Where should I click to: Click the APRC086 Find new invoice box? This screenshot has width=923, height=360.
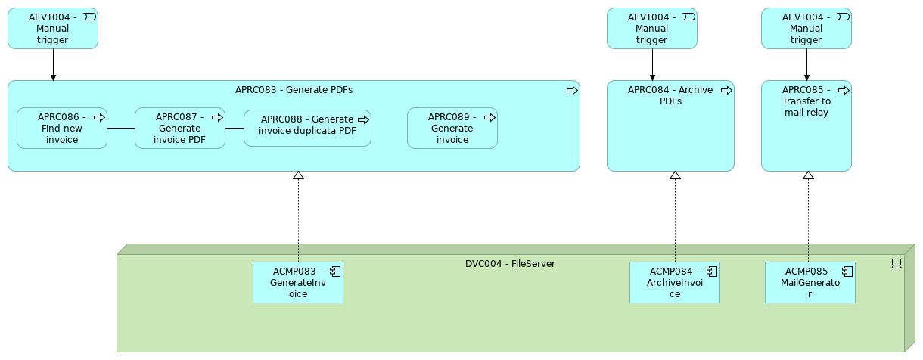(62, 129)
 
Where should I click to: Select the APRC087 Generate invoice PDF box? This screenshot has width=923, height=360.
(180, 129)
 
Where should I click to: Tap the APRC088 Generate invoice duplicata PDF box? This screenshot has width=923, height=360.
(307, 129)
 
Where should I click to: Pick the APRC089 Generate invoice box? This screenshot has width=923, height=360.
(452, 129)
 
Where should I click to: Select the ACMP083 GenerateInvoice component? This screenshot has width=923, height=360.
(298, 283)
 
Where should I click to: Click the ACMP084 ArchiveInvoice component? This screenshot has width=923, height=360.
(675, 283)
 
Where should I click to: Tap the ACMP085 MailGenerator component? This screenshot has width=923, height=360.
(810, 283)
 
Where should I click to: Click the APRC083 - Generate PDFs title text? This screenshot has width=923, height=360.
(294, 90)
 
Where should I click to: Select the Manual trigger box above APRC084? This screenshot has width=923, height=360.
(652, 29)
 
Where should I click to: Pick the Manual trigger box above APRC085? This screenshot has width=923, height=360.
(806, 29)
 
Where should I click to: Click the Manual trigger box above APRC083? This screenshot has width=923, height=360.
(53, 29)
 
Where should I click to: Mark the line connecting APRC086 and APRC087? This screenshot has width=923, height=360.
(121, 129)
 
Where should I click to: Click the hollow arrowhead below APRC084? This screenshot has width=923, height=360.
(676, 175)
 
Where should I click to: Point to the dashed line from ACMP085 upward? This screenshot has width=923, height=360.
(808, 219)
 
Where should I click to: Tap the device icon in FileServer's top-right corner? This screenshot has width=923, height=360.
(897, 264)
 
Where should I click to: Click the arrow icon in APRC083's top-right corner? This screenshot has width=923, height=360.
(572, 90)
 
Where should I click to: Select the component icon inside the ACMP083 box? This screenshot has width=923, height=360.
(334, 271)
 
